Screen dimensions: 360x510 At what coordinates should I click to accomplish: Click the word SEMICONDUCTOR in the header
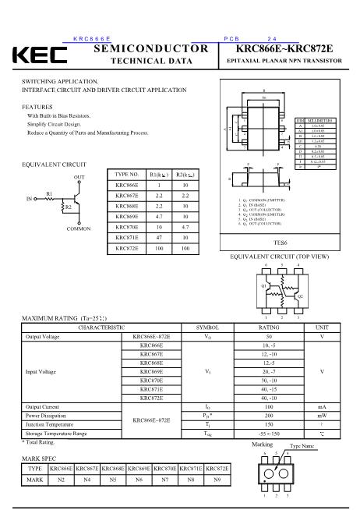click(x=150, y=48)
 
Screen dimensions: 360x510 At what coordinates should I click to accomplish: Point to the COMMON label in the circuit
click(x=79, y=228)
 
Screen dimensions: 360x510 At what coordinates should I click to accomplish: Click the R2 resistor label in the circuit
click(x=68, y=207)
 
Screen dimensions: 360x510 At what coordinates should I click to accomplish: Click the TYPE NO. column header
click(x=127, y=174)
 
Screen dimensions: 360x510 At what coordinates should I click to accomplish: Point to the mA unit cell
click(x=322, y=407)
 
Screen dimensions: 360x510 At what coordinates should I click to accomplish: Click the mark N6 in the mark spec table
click(x=139, y=480)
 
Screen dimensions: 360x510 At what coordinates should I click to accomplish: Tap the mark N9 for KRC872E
click(x=218, y=480)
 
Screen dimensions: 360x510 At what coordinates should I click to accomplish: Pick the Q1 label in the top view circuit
click(x=263, y=285)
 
